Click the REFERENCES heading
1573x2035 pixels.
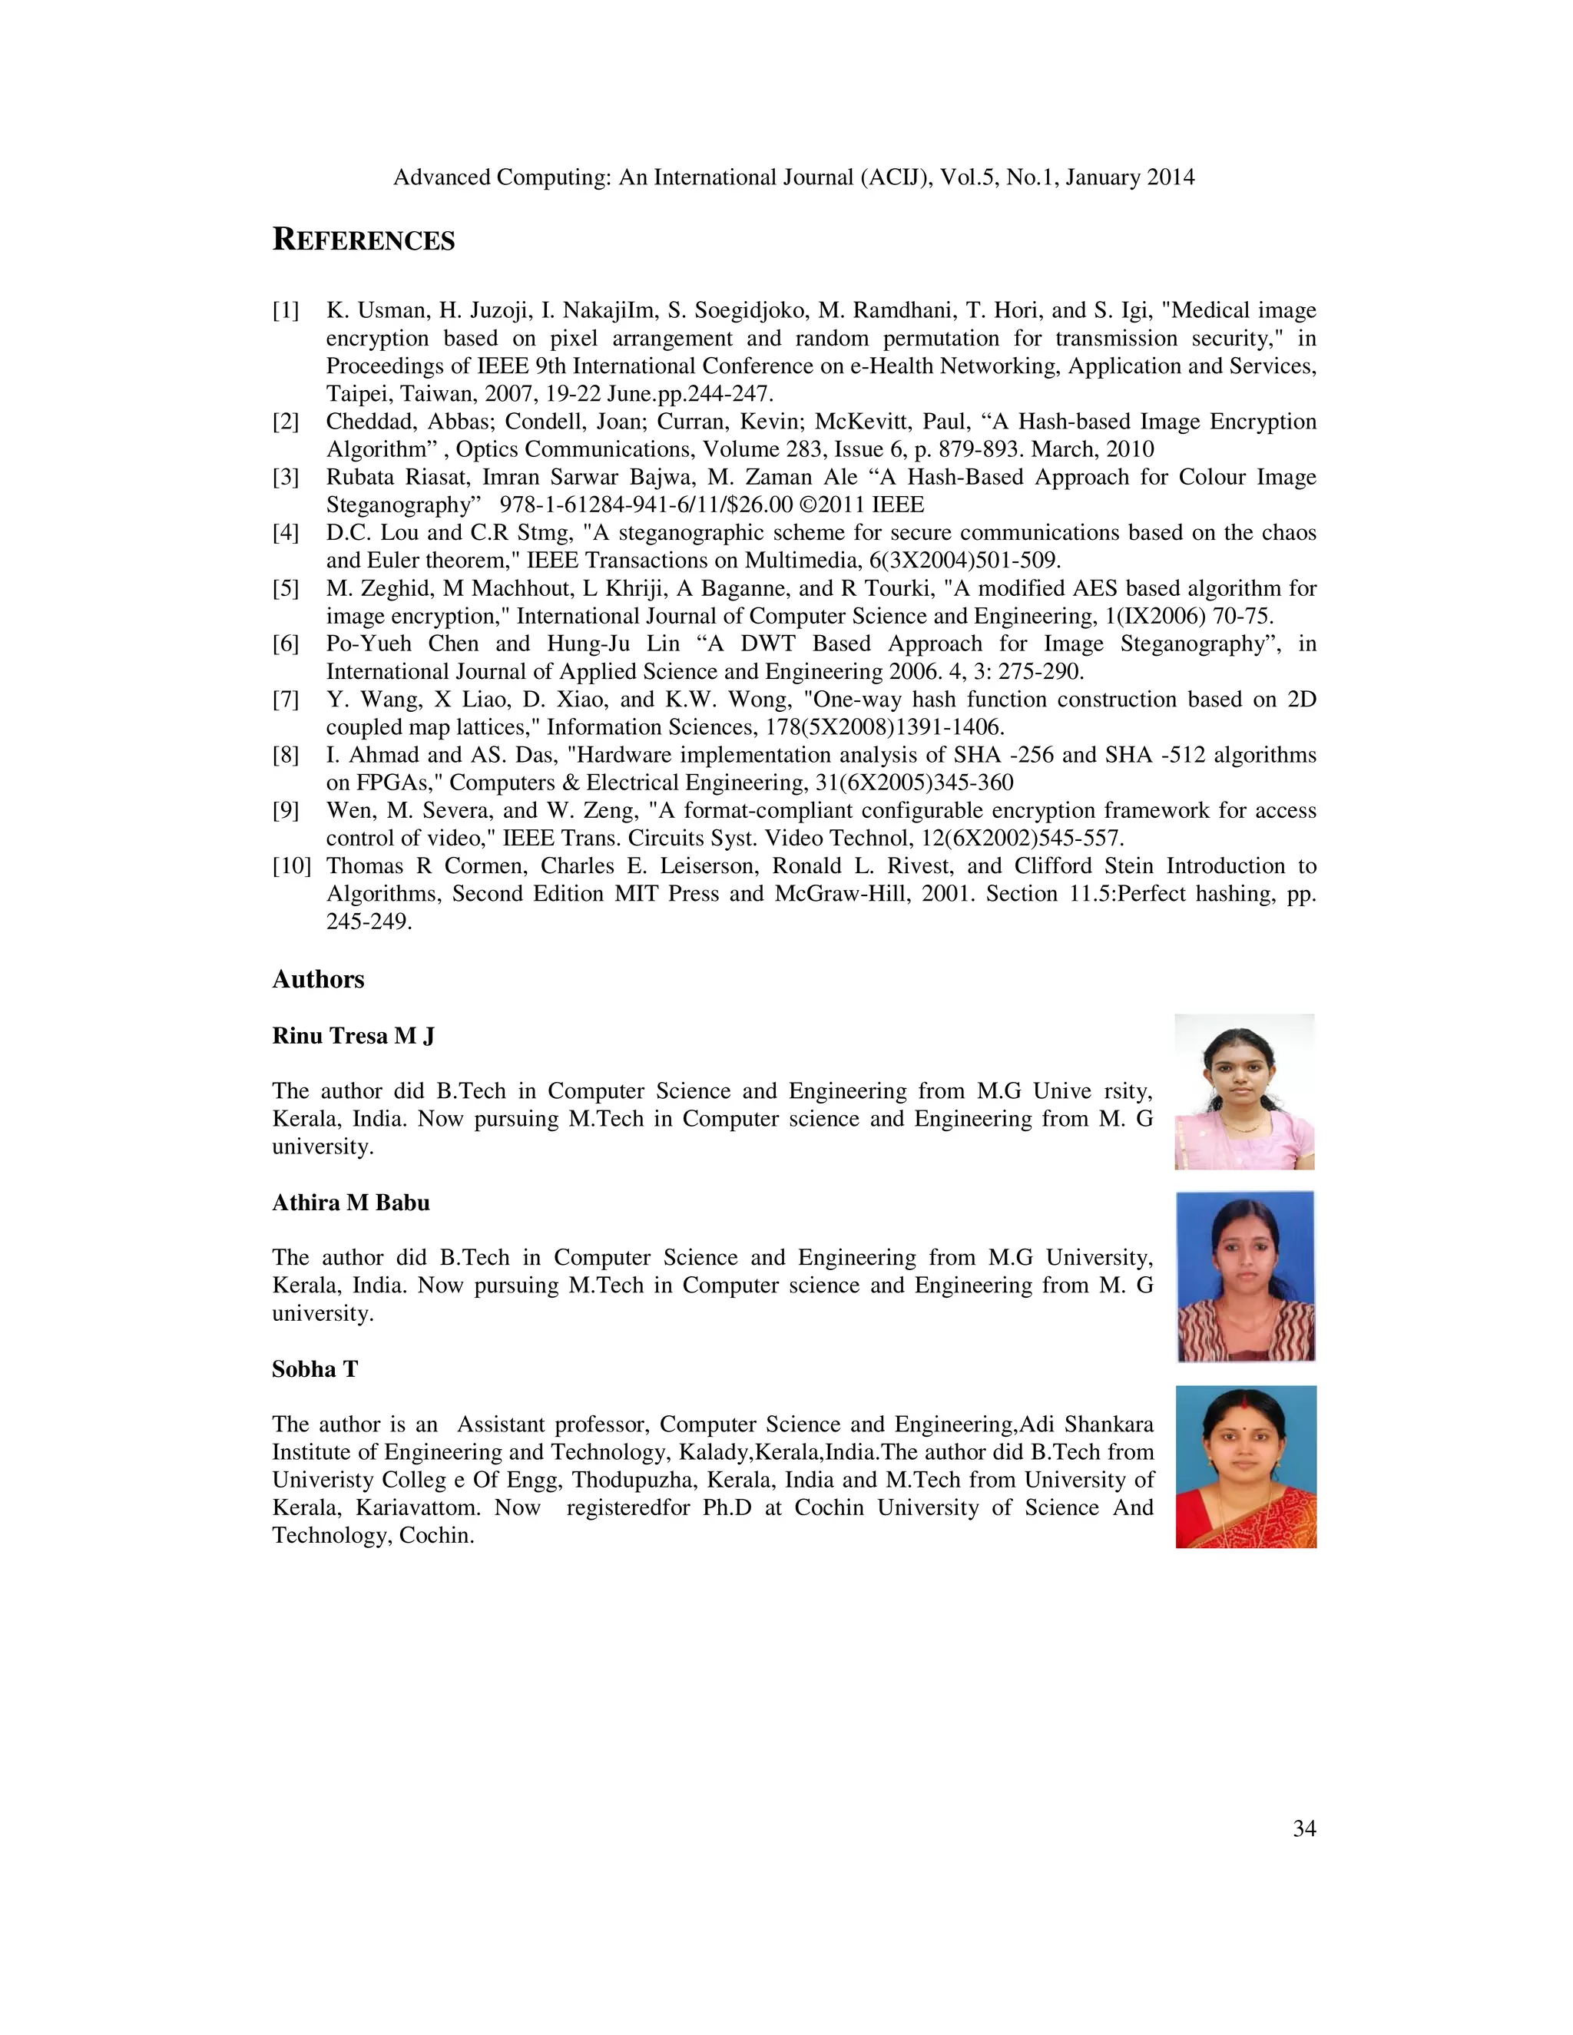click(363, 240)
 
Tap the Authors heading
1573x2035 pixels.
click(318, 979)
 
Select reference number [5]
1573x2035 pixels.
click(286, 589)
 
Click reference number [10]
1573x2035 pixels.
click(291, 866)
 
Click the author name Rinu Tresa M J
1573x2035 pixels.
click(353, 1036)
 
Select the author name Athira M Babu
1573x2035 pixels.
click(350, 1203)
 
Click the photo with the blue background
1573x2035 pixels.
click(1245, 1276)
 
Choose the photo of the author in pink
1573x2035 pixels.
click(1244, 1092)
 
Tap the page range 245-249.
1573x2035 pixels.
click(368, 922)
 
